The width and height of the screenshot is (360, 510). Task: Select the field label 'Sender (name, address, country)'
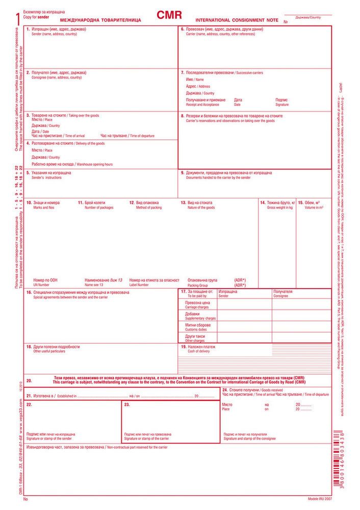click(x=55, y=34)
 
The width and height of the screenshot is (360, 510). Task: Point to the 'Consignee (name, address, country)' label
click(x=57, y=78)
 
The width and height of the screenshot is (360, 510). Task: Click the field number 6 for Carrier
click(x=182, y=29)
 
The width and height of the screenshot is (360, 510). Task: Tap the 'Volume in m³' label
click(x=314, y=208)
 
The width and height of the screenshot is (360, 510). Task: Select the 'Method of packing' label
click(x=149, y=208)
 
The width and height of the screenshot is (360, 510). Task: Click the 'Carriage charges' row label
click(x=196, y=308)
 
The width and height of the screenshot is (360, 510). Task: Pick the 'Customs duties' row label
click(x=196, y=329)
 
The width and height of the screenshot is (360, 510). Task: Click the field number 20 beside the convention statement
click(x=29, y=381)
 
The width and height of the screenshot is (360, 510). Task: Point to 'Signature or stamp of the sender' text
click(x=49, y=439)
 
